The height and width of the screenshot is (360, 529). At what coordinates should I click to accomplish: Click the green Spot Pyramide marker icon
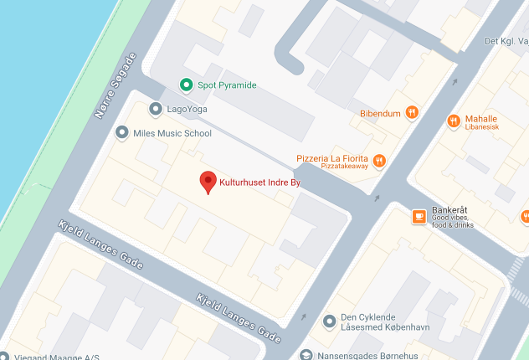pos(186,85)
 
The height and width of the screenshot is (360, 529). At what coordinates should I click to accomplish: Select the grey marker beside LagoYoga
pos(155,109)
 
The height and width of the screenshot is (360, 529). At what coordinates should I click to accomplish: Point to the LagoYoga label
pos(187,110)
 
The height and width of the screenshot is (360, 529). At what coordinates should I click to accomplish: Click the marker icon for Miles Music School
pos(123,133)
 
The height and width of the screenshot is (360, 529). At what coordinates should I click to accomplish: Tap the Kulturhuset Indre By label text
pos(259,181)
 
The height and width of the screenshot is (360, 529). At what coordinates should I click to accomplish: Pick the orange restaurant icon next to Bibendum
pos(411,112)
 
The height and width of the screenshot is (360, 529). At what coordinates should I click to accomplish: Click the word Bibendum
pos(379,113)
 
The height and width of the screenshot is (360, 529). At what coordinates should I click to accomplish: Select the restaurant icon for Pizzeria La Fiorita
pos(379,161)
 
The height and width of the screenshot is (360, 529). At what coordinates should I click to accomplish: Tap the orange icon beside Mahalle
pos(454,121)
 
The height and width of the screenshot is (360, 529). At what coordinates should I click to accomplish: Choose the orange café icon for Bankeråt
pos(419,217)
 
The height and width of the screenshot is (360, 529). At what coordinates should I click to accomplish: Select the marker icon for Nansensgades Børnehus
pos(306,354)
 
